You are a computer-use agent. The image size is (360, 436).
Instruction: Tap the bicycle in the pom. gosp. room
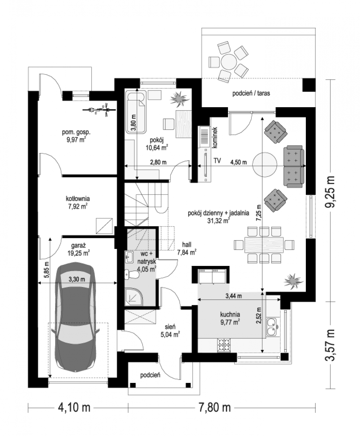point(99,109)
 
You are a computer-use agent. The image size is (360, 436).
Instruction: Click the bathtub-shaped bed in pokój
point(136,113)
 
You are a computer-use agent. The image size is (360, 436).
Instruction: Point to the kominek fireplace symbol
point(205,137)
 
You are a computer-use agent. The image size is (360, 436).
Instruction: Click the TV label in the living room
point(217,161)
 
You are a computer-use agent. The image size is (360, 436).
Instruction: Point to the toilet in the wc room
point(131,275)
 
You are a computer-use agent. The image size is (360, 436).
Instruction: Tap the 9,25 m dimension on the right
point(330,192)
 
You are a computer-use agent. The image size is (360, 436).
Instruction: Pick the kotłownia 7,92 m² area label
point(77,202)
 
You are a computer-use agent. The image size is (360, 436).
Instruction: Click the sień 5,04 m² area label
point(170,331)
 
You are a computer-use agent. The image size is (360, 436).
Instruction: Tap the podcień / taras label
point(251,93)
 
